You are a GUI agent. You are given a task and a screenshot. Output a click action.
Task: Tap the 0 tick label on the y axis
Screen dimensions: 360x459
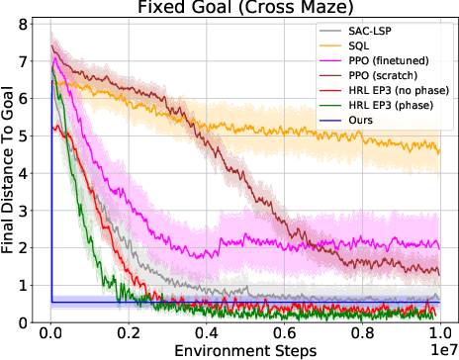click(x=29, y=322)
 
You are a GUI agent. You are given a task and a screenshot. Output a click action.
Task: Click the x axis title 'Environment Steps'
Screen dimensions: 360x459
click(x=244, y=351)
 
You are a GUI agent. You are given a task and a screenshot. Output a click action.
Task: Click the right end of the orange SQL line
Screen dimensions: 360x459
click(x=438, y=150)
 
